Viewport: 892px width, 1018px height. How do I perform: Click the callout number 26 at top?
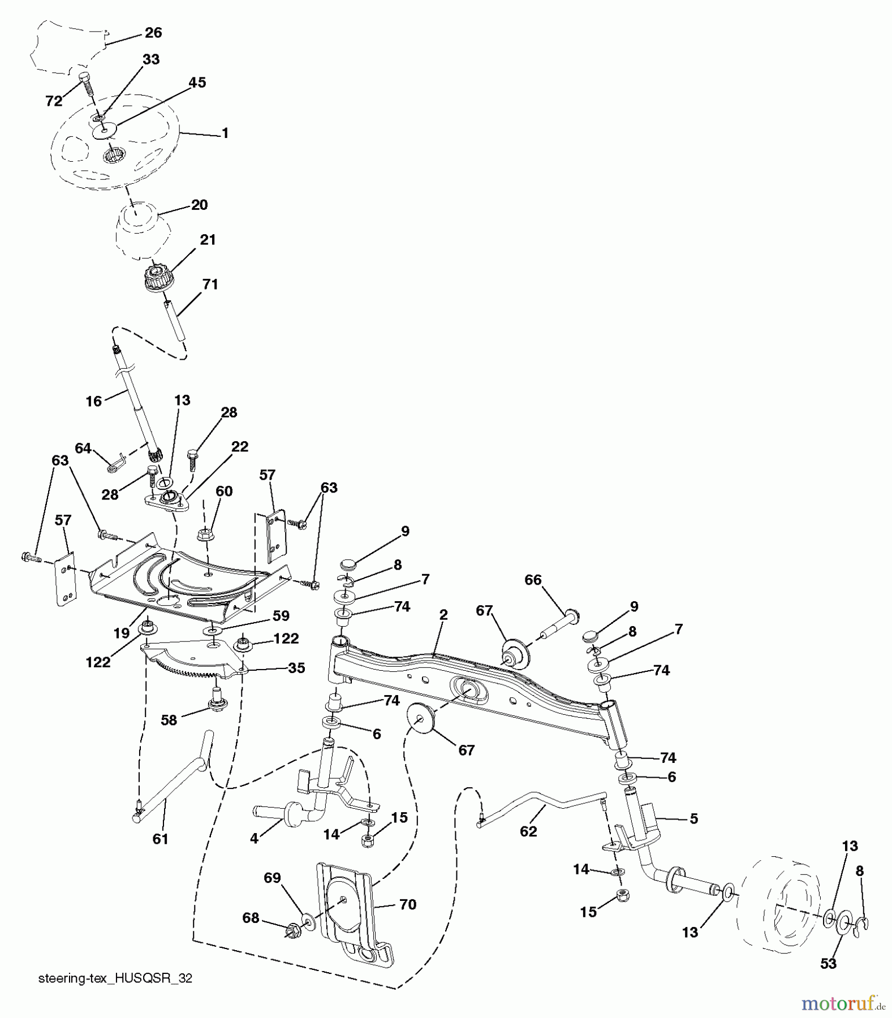(x=153, y=33)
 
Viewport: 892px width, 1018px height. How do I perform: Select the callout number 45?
(x=197, y=83)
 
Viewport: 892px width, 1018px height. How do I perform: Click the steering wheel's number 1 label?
(x=225, y=133)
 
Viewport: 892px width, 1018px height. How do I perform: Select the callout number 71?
(x=210, y=284)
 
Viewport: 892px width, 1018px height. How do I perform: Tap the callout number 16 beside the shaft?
(x=93, y=401)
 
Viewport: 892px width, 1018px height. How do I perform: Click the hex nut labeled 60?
(x=205, y=533)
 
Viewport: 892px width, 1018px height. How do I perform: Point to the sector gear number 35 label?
(x=296, y=668)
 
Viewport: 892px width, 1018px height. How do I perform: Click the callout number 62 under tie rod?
(x=528, y=831)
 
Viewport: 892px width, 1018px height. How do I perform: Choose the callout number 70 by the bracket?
(x=407, y=904)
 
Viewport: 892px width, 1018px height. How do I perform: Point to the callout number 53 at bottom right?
(x=828, y=963)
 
